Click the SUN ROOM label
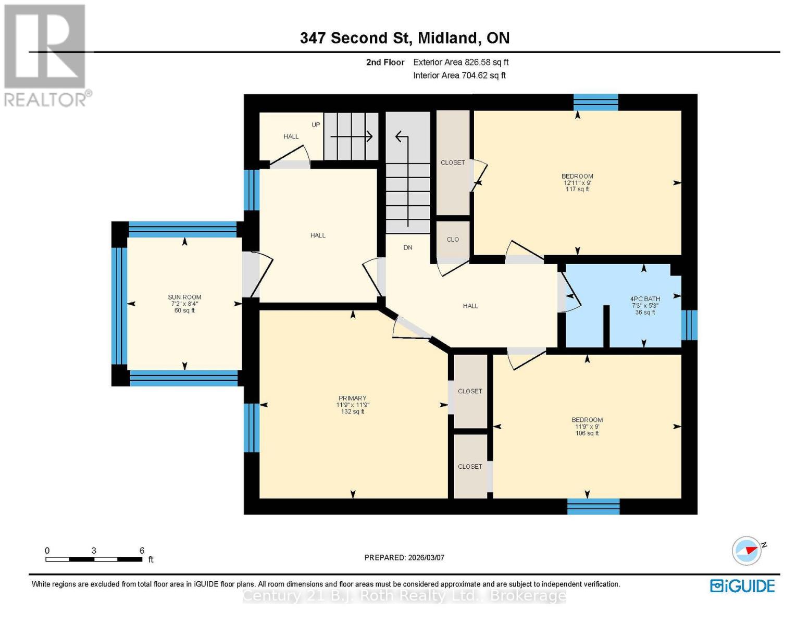(184, 297)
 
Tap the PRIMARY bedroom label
(353, 398)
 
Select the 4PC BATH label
(645, 299)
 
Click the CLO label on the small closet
(453, 240)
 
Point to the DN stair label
(408, 247)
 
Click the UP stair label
(316, 125)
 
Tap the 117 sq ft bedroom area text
(577, 190)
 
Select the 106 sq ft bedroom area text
(587, 433)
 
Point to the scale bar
(94, 559)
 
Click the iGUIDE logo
(742, 586)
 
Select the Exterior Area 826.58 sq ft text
(460, 62)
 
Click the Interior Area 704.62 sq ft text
(459, 76)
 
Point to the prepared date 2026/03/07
(404, 557)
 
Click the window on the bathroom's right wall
(689, 325)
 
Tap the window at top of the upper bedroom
(595, 102)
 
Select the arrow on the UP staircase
(352, 137)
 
